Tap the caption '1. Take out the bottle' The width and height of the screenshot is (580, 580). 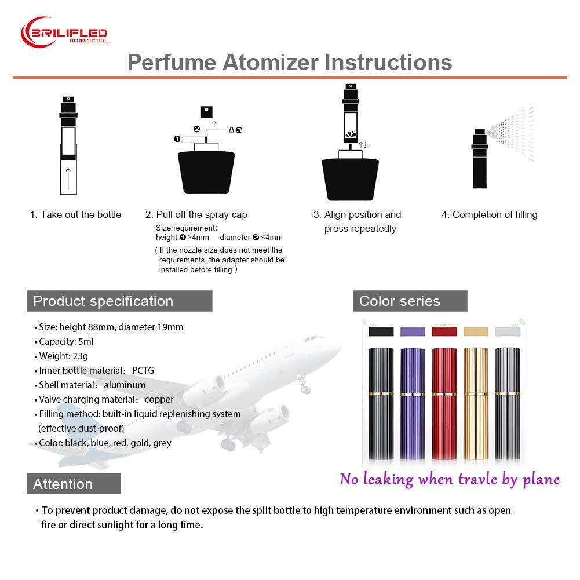(75, 214)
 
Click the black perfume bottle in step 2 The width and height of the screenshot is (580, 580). (206, 172)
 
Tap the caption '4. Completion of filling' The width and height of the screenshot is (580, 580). (489, 214)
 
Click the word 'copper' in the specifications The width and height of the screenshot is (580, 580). (159, 399)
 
